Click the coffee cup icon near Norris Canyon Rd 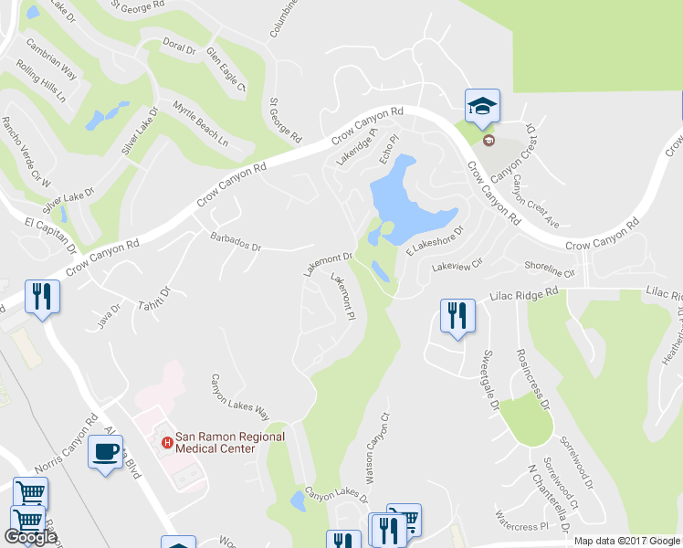pyautogui.click(x=105, y=450)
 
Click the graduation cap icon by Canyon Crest pyautogui.click(x=481, y=107)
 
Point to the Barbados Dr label pyautogui.click(x=236, y=247)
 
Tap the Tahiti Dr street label pyautogui.click(x=155, y=302)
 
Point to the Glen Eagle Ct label pyautogui.click(x=226, y=69)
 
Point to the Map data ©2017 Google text pyautogui.click(x=627, y=541)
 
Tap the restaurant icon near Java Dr pyautogui.click(x=43, y=296)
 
